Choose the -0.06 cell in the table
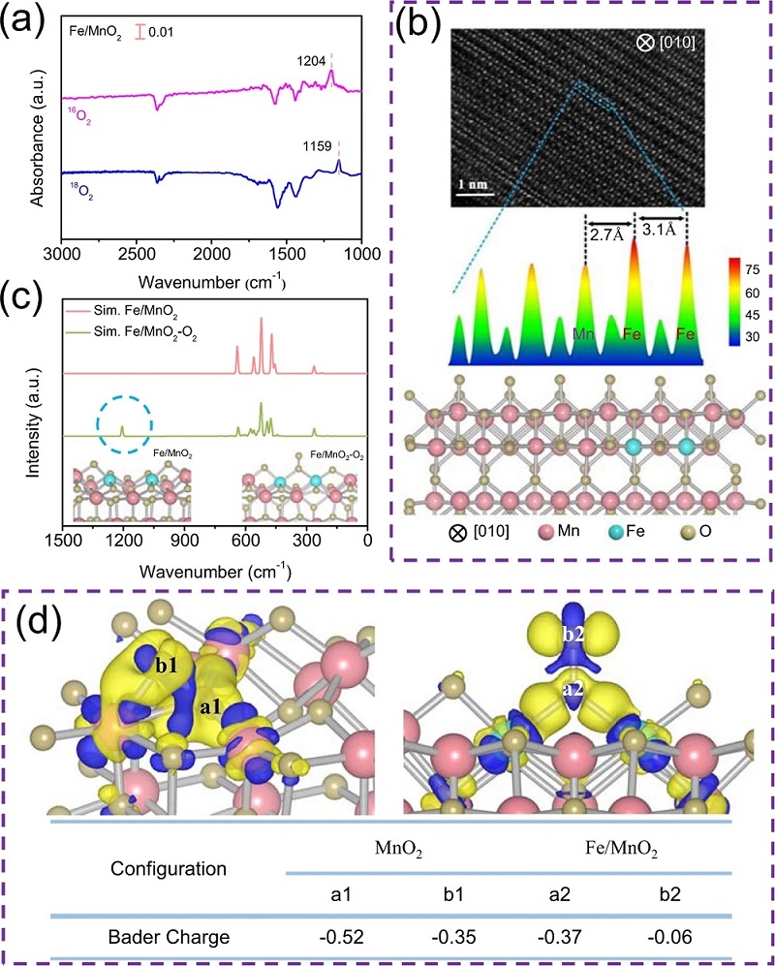click(684, 936)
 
